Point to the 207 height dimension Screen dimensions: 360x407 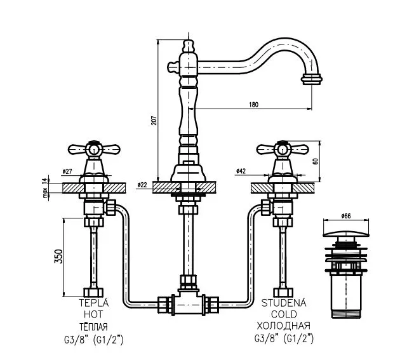[153, 123]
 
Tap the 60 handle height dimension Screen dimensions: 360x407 [315, 161]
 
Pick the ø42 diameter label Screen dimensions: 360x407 [241, 171]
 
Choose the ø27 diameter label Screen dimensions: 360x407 [67, 171]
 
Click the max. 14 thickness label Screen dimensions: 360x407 [45, 188]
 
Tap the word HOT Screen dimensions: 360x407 [93, 314]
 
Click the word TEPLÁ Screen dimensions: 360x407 [93, 303]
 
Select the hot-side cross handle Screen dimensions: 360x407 [93, 150]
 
